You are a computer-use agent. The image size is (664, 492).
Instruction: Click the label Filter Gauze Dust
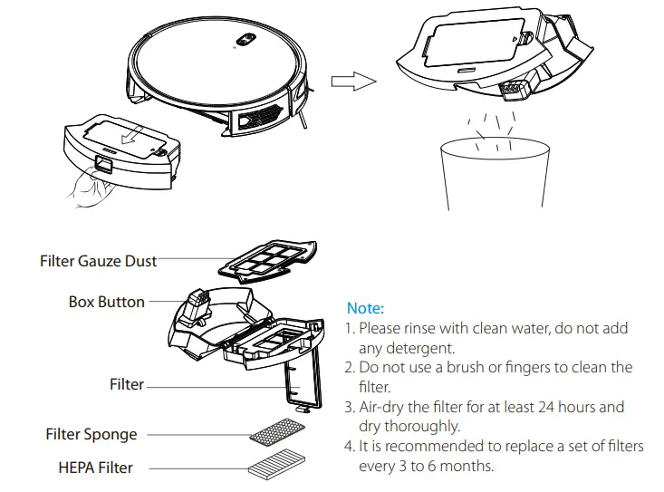(98, 261)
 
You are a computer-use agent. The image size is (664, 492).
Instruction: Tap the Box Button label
(106, 302)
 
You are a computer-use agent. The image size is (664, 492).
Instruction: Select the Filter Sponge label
(91, 434)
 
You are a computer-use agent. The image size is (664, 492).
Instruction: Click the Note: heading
(365, 308)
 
